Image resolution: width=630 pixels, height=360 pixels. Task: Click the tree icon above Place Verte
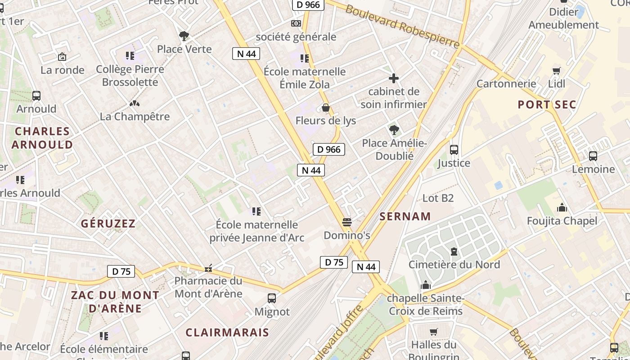click(184, 36)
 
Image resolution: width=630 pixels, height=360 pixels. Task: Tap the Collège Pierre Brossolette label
click(130, 76)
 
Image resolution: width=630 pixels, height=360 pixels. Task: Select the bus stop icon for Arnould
click(36, 96)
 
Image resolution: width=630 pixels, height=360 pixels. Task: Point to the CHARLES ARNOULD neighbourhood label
click(42, 138)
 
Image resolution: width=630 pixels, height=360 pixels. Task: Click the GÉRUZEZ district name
click(108, 224)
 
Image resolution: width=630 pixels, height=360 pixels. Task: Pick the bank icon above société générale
click(296, 23)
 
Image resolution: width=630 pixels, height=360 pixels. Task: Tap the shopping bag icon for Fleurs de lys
click(326, 108)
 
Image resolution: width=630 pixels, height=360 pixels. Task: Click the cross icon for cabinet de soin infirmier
click(394, 78)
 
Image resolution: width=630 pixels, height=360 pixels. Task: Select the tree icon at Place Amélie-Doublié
click(394, 130)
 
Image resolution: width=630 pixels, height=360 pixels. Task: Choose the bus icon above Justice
click(454, 150)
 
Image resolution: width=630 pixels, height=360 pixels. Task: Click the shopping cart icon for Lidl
click(557, 71)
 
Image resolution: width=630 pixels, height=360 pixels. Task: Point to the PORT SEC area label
click(547, 105)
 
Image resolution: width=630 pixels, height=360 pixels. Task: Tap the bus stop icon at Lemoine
click(593, 156)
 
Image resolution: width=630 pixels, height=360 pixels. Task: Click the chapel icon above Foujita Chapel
click(562, 207)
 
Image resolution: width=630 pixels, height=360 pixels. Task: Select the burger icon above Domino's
click(346, 222)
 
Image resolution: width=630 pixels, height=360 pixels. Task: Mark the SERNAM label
click(405, 216)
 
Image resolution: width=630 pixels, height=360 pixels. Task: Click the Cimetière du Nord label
click(454, 265)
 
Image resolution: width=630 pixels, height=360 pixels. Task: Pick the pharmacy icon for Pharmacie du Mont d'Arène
click(208, 268)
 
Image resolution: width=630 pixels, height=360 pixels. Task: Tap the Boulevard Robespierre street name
click(403, 27)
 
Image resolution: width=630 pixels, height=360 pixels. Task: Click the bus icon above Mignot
click(272, 298)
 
